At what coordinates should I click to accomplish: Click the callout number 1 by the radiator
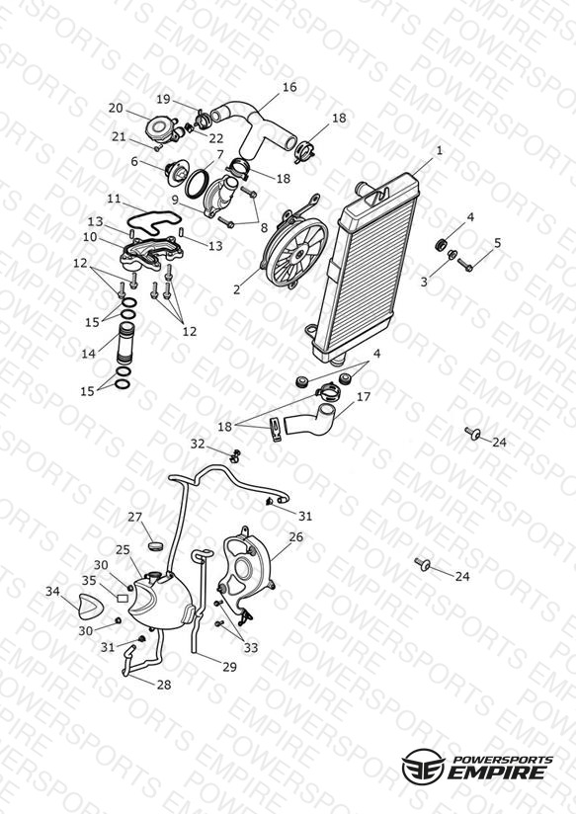coord(440,150)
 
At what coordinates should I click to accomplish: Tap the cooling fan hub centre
coord(299,253)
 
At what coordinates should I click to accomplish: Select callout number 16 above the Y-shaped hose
coord(289,87)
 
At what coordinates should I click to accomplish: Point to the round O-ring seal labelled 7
coord(197,184)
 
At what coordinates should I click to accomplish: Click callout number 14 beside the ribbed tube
coord(89,354)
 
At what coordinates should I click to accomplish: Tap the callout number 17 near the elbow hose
coord(363,396)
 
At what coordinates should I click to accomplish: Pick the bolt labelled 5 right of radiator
coord(465,266)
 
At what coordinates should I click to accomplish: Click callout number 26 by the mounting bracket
coord(296,536)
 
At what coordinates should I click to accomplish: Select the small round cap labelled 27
coord(155,545)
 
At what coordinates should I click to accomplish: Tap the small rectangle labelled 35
coord(123,598)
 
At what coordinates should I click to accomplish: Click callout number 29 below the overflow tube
coord(230,667)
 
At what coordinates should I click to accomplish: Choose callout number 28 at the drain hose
coord(164,685)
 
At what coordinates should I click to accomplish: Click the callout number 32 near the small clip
coord(198,444)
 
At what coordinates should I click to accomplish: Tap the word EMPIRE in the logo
coord(497,773)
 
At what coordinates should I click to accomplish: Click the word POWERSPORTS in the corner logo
coord(502,760)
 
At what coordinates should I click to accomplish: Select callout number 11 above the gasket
coord(114,199)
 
